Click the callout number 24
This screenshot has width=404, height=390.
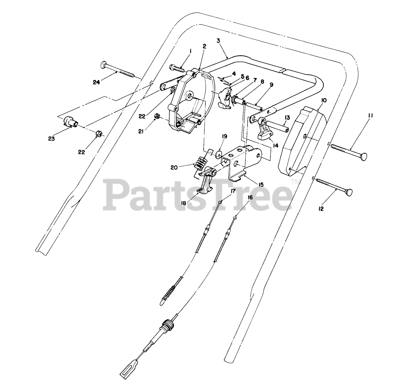point(96,83)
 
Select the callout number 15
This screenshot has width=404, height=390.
point(261,184)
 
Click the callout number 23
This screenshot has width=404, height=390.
point(52,139)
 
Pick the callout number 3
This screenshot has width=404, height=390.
point(218,41)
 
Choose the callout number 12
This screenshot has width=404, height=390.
point(321,209)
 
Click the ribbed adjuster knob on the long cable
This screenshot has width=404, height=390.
point(167,324)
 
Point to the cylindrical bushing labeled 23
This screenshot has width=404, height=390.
point(70,123)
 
